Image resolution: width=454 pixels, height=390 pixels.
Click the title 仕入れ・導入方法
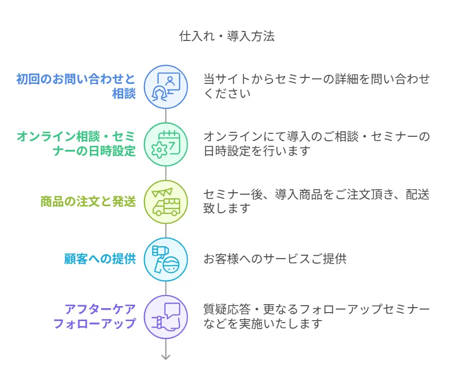click(x=227, y=36)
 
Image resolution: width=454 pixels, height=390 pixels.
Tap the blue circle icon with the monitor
click(x=166, y=87)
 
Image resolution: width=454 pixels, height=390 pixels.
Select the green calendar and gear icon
click(x=166, y=144)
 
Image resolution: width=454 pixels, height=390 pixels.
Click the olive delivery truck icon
click(x=166, y=202)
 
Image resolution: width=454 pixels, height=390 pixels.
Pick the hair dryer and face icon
click(x=166, y=259)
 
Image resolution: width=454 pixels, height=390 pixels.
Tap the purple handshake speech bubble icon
click(x=166, y=317)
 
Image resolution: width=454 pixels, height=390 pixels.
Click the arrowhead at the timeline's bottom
click(x=166, y=357)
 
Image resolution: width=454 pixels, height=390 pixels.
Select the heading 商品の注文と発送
click(x=88, y=202)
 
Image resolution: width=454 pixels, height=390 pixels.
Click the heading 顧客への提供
click(x=100, y=259)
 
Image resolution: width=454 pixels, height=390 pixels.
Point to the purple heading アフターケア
click(x=100, y=310)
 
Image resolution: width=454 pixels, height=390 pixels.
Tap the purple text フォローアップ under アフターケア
click(x=94, y=324)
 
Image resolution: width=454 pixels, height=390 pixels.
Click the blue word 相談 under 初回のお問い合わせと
click(x=124, y=94)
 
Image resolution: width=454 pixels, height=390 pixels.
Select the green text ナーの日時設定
click(x=94, y=151)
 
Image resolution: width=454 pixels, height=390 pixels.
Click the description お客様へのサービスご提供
click(x=275, y=259)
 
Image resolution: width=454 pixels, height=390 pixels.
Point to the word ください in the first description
click(x=227, y=94)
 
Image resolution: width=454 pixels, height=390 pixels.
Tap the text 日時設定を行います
click(x=257, y=151)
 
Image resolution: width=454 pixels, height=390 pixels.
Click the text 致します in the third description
click(x=227, y=209)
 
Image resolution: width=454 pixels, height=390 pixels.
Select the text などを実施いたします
click(x=263, y=324)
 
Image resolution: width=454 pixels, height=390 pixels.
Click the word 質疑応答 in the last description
click(x=227, y=310)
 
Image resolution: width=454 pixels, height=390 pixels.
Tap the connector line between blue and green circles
click(x=166, y=116)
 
